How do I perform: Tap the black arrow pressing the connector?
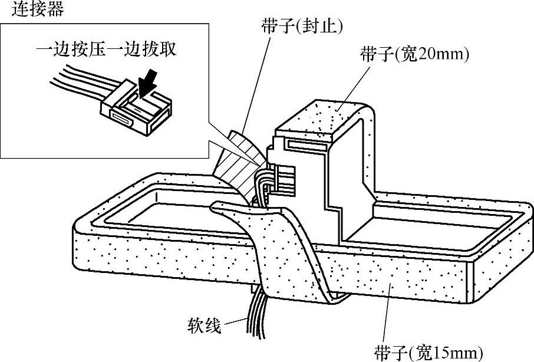pyautogui.click(x=149, y=84)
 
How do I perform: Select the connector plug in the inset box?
pyautogui.click(x=136, y=108)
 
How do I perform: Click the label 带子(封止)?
pyautogui.click(x=302, y=25)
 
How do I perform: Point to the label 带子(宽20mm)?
pyautogui.click(x=414, y=54)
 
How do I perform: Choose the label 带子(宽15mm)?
pyautogui.click(x=428, y=353)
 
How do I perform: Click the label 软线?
pyautogui.click(x=205, y=325)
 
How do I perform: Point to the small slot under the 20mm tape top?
pyautogui.click(x=307, y=144)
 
